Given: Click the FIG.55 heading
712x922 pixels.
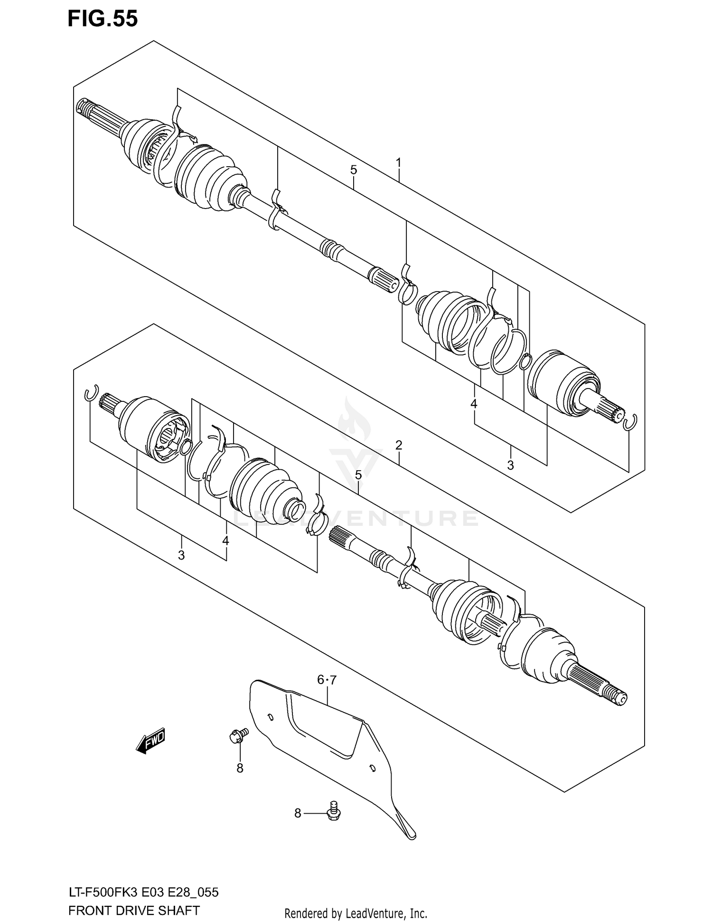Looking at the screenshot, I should tap(103, 19).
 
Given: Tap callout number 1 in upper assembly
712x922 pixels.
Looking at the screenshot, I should tap(399, 163).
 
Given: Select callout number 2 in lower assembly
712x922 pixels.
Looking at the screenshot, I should tap(399, 445).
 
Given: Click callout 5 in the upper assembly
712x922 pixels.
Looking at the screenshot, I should tap(354, 170).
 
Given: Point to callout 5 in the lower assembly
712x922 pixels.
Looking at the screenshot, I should tap(358, 475).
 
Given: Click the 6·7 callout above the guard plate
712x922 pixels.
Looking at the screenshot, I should tap(327, 680).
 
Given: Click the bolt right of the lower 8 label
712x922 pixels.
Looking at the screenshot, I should tap(334, 813).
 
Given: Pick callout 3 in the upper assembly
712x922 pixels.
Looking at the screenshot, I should tap(510, 465).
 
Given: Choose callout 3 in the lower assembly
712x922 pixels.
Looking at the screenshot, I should tap(181, 554).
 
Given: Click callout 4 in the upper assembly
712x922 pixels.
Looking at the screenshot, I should tap(473, 404).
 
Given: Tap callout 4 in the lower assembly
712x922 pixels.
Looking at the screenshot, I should tap(225, 541).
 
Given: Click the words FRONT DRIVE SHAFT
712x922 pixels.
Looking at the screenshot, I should tap(134, 910).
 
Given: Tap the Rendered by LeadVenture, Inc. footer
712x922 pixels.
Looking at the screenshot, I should tap(356, 913).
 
